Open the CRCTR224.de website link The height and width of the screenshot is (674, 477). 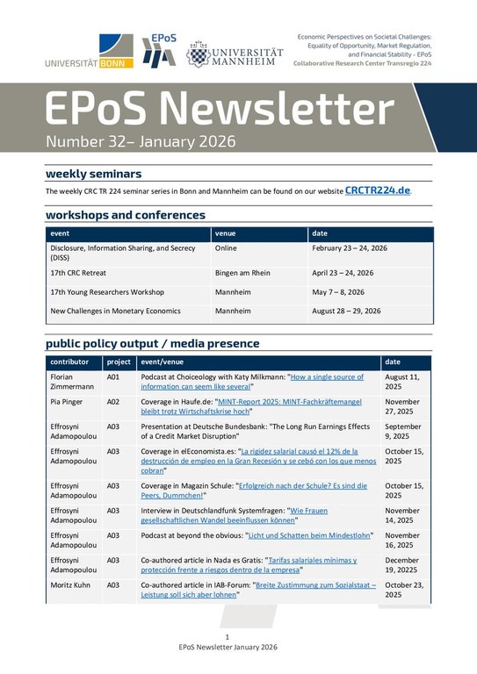(377, 190)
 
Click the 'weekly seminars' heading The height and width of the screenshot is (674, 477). (93, 174)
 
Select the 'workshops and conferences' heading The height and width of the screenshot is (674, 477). (125, 215)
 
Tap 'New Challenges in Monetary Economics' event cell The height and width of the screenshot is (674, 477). (115, 312)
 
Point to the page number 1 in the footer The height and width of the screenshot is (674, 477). (227, 636)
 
